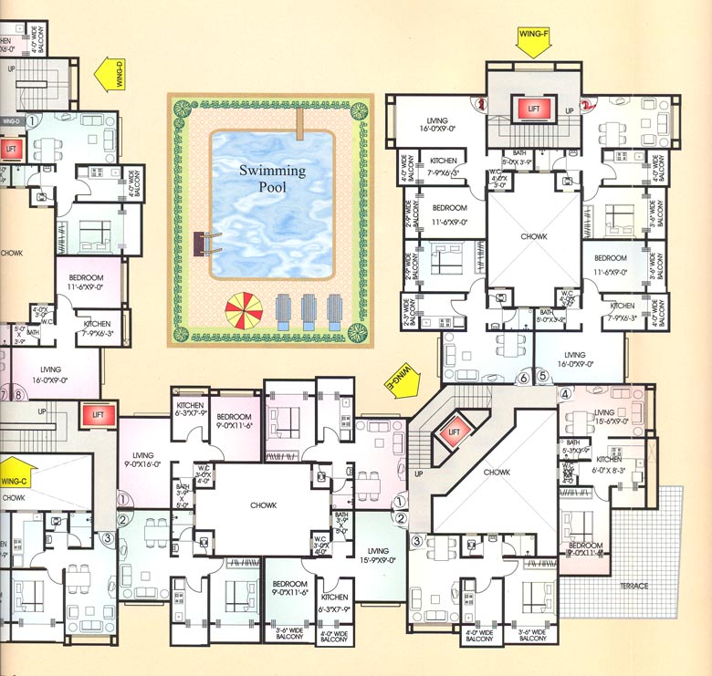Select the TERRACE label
pos(633,586)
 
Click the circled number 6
pos(524,376)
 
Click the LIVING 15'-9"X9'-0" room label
pos(378,557)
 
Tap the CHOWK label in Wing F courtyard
pos(535,237)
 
